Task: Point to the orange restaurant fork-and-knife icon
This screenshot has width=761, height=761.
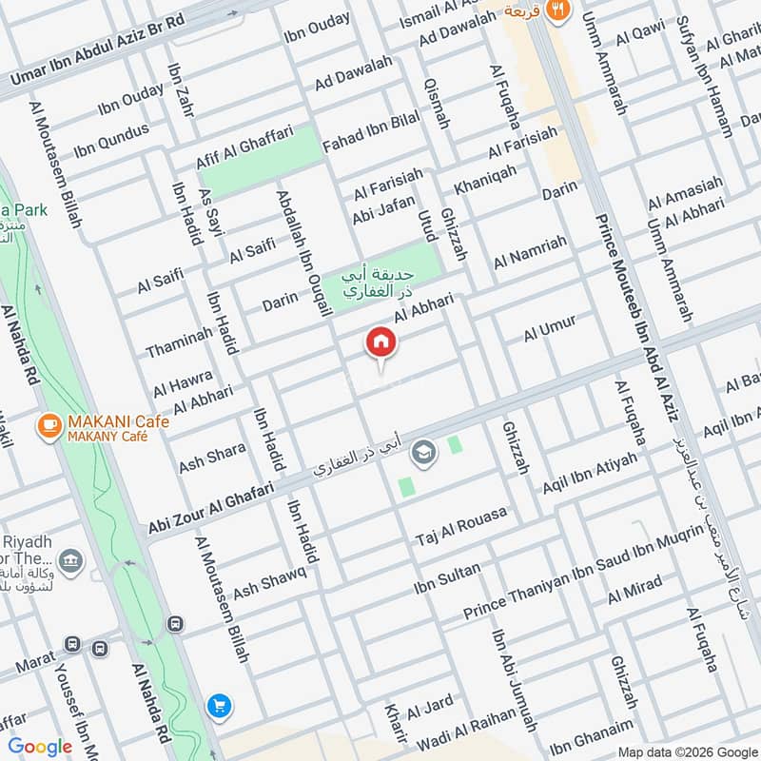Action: (x=559, y=10)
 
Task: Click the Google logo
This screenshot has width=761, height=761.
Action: (x=40, y=747)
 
